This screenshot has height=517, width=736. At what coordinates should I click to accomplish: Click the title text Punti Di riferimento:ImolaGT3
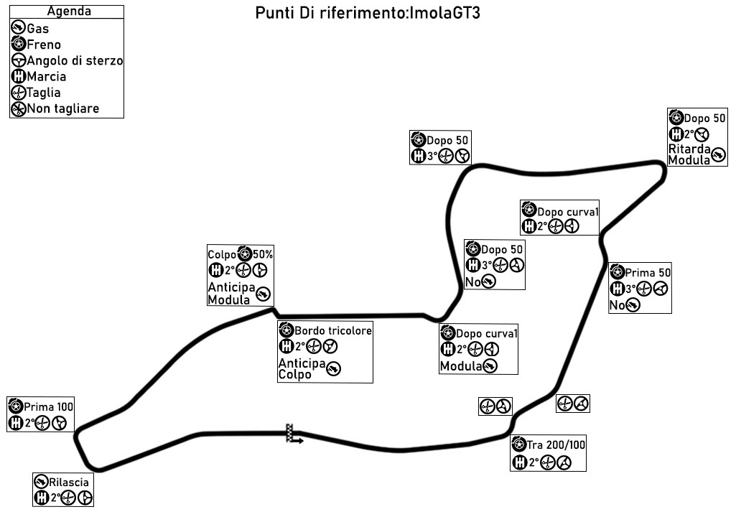click(x=367, y=14)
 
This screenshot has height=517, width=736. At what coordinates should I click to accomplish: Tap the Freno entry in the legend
click(x=43, y=45)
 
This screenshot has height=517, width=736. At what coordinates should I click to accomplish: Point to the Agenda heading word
click(x=67, y=11)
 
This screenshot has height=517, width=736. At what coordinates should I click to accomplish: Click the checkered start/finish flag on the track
click(x=291, y=433)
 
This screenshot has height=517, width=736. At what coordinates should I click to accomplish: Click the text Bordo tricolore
click(x=333, y=331)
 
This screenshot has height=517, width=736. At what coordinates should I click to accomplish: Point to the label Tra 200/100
click(x=556, y=445)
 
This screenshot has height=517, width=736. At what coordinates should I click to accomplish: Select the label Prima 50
click(x=648, y=274)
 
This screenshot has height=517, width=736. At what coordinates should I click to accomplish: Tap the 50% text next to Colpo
click(x=262, y=254)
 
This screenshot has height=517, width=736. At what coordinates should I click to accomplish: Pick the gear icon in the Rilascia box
click(x=42, y=498)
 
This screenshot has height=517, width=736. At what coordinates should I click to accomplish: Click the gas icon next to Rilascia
click(x=42, y=482)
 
